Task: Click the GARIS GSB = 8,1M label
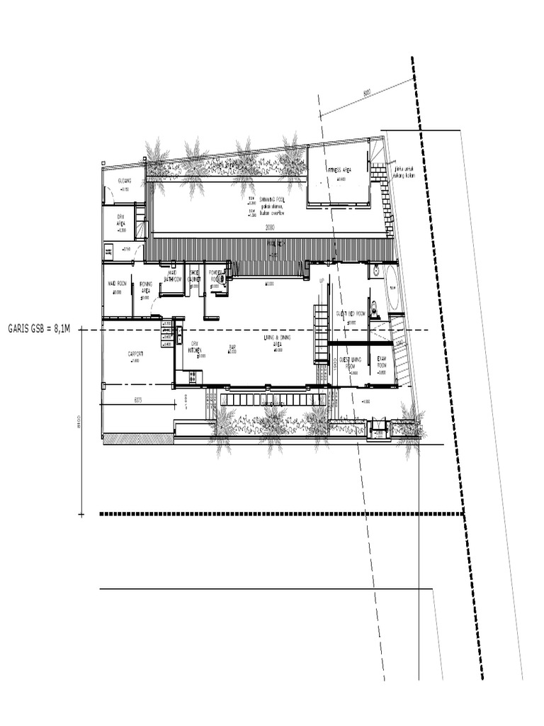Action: [x=40, y=328]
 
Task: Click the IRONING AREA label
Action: [x=145, y=287]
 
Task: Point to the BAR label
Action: [x=232, y=347]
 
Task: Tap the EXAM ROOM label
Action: [x=382, y=362]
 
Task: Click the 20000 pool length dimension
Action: [x=270, y=228]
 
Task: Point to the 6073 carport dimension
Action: [x=138, y=401]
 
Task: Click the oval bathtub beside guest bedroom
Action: [x=392, y=289]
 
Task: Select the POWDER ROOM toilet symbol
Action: [x=222, y=279]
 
